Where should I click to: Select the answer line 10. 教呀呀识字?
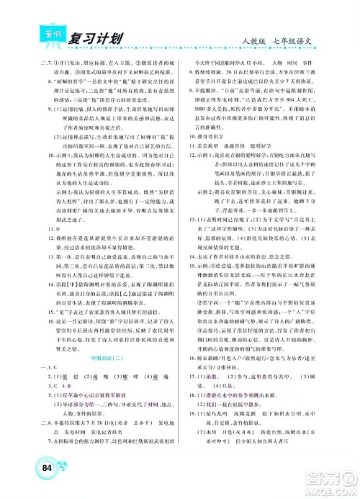(x=212, y=135)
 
